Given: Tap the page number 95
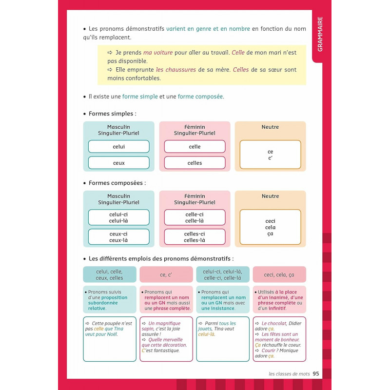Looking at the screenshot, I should (x=316, y=374).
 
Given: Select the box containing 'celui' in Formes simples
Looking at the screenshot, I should (x=118, y=147).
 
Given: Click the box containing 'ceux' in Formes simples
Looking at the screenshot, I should (x=118, y=163).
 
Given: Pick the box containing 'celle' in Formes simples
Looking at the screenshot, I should (x=195, y=147).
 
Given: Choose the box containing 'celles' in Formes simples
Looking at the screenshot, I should (x=195, y=163).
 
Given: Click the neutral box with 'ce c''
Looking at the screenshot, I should (x=270, y=155).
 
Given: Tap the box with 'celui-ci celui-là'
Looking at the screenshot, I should (x=118, y=217).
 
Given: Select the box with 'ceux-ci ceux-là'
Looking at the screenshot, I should (x=118, y=236).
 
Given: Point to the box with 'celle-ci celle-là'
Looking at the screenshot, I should (x=195, y=217).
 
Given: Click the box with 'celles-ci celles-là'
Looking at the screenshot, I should (x=195, y=236).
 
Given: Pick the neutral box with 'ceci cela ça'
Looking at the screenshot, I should (x=270, y=227).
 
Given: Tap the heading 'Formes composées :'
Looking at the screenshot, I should (x=117, y=183).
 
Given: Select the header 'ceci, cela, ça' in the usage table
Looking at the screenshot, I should (x=279, y=274).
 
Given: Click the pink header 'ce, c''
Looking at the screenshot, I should (x=166, y=274).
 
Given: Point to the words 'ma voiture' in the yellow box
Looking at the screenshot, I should (x=158, y=53).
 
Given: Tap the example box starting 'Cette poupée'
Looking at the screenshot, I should (x=110, y=339).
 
